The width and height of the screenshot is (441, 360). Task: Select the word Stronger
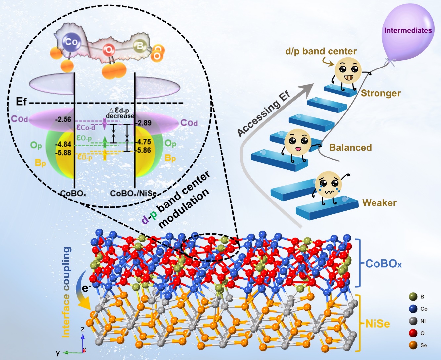(x=380, y=93)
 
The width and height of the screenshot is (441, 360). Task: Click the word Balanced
(x=350, y=148)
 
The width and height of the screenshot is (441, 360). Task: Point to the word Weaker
(x=379, y=203)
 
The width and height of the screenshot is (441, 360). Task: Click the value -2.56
(x=63, y=119)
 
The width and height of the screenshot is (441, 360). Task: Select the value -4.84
(x=63, y=145)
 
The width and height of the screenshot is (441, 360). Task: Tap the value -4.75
(x=144, y=142)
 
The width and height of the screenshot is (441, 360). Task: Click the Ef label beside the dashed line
(x=21, y=101)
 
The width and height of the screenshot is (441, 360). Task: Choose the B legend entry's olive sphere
(x=413, y=297)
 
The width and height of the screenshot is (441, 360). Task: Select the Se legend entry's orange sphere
(x=413, y=345)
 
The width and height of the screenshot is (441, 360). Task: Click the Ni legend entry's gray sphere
(x=413, y=321)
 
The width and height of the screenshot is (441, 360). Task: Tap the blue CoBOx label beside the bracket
(x=383, y=264)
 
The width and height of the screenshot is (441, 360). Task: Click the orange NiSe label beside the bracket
(x=377, y=324)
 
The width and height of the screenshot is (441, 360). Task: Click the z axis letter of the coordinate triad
(x=83, y=329)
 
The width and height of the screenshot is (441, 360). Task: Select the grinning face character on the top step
(x=347, y=70)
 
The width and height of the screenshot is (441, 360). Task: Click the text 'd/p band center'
(x=321, y=51)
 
